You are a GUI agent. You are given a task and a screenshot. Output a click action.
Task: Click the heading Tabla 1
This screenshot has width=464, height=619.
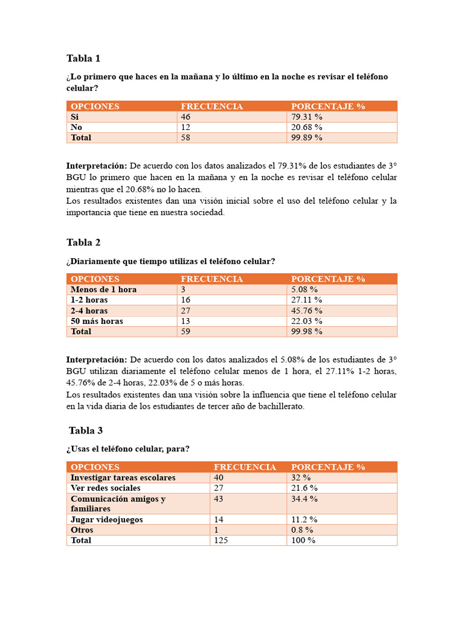[x=83, y=59]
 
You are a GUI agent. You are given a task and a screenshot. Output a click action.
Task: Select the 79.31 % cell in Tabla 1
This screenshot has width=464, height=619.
[x=307, y=117]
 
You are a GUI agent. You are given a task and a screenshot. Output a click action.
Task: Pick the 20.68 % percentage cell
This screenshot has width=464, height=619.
[x=307, y=128]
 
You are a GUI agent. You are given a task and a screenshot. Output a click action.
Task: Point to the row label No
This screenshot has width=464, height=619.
[x=76, y=128]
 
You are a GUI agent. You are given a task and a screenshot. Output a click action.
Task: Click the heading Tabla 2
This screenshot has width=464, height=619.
[x=83, y=242]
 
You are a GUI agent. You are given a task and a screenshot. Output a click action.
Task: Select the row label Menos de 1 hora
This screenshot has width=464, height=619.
[x=103, y=290]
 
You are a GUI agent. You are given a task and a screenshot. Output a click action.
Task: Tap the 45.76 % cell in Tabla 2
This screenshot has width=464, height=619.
[x=307, y=311]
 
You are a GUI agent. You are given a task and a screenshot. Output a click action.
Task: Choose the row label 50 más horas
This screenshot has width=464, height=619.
[x=97, y=321]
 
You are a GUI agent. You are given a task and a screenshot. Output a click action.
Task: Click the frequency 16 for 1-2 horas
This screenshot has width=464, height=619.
[x=186, y=300]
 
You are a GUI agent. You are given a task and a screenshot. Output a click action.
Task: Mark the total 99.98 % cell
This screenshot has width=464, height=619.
[x=307, y=332]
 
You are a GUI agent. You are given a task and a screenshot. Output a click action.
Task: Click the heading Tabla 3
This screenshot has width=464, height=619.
[x=86, y=430]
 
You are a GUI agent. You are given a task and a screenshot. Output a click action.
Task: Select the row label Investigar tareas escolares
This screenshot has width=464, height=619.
[x=123, y=478]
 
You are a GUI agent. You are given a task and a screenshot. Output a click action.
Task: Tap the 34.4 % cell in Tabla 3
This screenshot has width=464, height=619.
[x=304, y=499]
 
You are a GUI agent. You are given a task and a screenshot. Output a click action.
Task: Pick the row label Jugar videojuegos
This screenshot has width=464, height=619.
[x=106, y=519]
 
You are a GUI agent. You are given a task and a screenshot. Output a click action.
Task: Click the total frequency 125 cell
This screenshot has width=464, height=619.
[x=221, y=540]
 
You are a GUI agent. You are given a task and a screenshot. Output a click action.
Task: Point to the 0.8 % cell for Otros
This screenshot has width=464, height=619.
[x=302, y=530]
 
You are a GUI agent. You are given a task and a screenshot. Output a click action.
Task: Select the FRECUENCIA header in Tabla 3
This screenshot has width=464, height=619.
[x=245, y=467]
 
